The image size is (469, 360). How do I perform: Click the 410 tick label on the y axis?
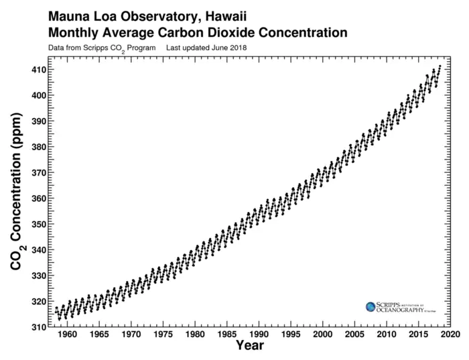click(x=37, y=70)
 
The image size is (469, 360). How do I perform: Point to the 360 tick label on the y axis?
click(x=37, y=198)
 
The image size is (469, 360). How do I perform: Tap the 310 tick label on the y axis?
click(x=37, y=327)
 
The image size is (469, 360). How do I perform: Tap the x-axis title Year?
click(x=249, y=347)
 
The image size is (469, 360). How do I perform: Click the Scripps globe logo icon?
click(x=371, y=306)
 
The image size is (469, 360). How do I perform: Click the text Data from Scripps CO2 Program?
click(x=102, y=48)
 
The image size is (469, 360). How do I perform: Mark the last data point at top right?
click(x=440, y=66)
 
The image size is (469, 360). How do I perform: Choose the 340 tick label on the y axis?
click(x=37, y=250)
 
